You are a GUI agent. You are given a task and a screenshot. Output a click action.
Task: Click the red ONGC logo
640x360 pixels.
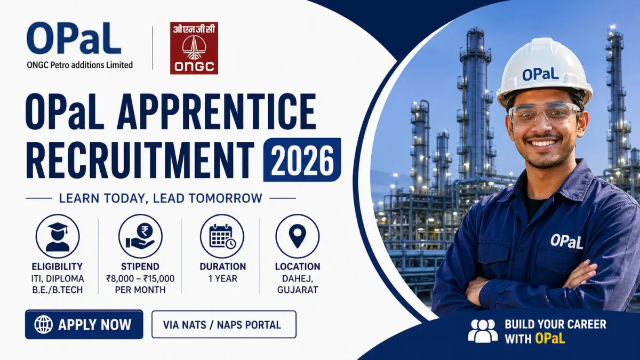(194, 48)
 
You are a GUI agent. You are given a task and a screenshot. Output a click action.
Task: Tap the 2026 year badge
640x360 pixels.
(302, 159)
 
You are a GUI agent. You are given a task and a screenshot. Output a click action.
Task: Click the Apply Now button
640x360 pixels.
(84, 324)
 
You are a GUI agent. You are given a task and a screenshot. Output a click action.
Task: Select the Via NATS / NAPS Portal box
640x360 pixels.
(223, 324)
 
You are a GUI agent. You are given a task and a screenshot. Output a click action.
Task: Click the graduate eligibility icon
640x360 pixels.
(58, 236)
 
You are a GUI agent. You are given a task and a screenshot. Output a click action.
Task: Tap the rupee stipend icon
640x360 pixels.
(140, 236)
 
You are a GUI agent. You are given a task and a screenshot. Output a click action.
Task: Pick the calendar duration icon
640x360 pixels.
(222, 236)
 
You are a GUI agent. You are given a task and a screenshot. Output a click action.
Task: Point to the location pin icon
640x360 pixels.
(297, 236)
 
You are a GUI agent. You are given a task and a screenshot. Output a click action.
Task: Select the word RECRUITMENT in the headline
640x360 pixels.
(140, 159)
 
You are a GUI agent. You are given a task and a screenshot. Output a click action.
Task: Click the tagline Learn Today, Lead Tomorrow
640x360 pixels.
(161, 198)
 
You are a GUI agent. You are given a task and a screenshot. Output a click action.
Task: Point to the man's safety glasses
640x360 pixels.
(543, 113)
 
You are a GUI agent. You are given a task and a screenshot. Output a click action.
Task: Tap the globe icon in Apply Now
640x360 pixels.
(43, 324)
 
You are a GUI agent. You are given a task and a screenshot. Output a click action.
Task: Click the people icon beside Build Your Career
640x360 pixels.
(483, 331)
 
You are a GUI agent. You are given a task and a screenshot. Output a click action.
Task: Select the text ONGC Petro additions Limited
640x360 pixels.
(79, 65)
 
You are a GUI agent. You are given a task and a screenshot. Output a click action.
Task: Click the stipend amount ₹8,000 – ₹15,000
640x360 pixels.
(140, 278)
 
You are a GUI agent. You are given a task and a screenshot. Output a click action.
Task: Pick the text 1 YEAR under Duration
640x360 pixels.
(222, 278)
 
